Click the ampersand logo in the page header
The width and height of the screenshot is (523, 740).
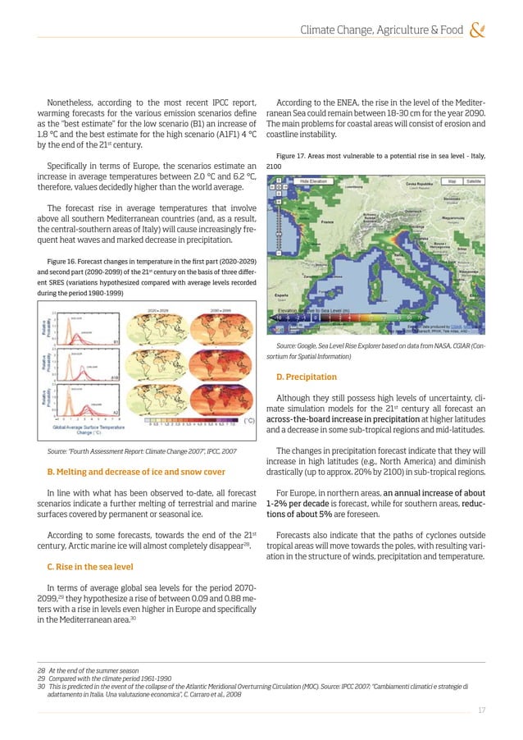477,32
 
